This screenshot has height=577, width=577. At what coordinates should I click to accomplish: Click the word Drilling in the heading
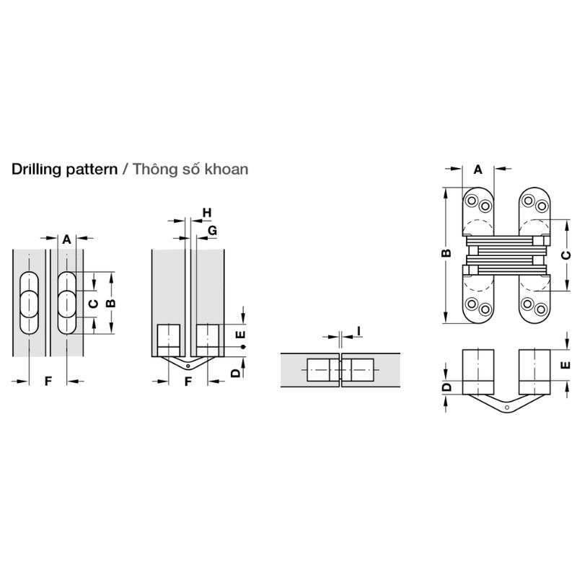click(x=34, y=169)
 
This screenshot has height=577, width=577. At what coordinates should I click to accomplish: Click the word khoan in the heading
click(x=226, y=169)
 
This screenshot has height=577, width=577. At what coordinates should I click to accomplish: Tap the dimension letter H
click(x=206, y=212)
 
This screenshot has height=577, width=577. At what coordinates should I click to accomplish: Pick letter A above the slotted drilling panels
click(x=66, y=238)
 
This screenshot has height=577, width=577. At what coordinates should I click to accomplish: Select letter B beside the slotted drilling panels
click(x=110, y=303)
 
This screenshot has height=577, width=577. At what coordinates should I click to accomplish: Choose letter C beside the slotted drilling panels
click(x=93, y=304)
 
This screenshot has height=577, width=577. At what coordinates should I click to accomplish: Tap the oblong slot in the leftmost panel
click(x=30, y=302)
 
